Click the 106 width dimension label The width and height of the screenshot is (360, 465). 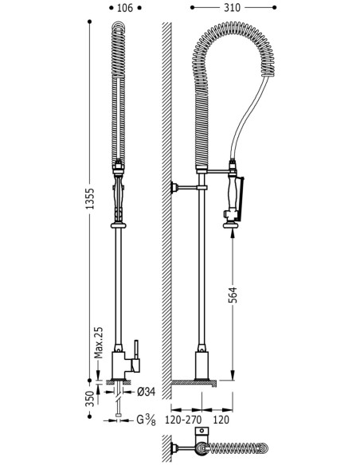tap(125, 8)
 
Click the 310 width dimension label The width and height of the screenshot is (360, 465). tap(232, 8)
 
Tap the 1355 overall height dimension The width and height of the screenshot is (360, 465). tap(89, 198)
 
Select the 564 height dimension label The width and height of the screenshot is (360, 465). tap(233, 295)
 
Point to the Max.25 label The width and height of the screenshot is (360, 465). tap(98, 342)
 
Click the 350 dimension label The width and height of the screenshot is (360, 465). tap(91, 399)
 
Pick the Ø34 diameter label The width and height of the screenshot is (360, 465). tap(147, 392)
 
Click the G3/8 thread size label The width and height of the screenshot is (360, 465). tap(146, 420)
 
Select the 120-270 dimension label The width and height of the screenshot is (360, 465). tap(183, 420)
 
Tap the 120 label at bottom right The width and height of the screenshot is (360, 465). tap(221, 420)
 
